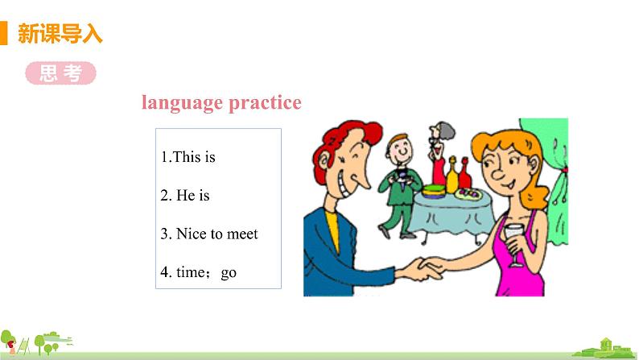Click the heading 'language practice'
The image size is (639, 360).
pyautogui.click(x=221, y=103)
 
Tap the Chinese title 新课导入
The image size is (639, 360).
pyautogui.click(x=60, y=35)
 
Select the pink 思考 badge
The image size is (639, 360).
pyautogui.click(x=60, y=73)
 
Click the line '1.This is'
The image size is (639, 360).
pyautogui.click(x=188, y=157)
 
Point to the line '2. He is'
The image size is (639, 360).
pyautogui.click(x=185, y=195)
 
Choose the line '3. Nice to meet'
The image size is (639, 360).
pyautogui.click(x=209, y=234)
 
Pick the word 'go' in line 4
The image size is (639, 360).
pyautogui.click(x=229, y=272)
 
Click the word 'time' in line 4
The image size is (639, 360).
pyautogui.click(x=191, y=272)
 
